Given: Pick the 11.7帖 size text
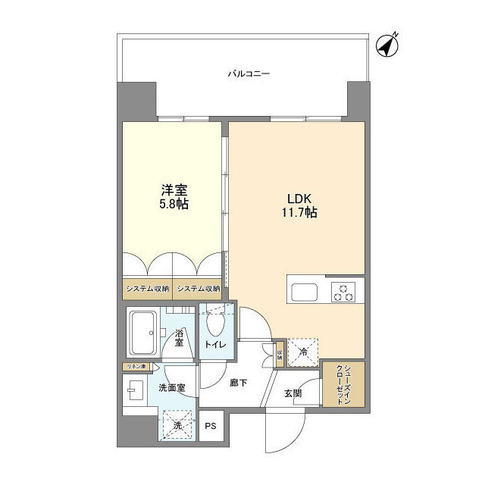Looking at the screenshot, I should (296, 213).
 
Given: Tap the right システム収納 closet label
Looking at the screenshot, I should (198, 289).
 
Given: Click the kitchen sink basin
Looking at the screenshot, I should (306, 292).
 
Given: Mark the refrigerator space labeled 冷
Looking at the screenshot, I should (302, 350).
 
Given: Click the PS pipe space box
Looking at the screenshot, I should (211, 426).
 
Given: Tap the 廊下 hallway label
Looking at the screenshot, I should (238, 383).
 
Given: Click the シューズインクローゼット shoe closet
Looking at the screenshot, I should (343, 384).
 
